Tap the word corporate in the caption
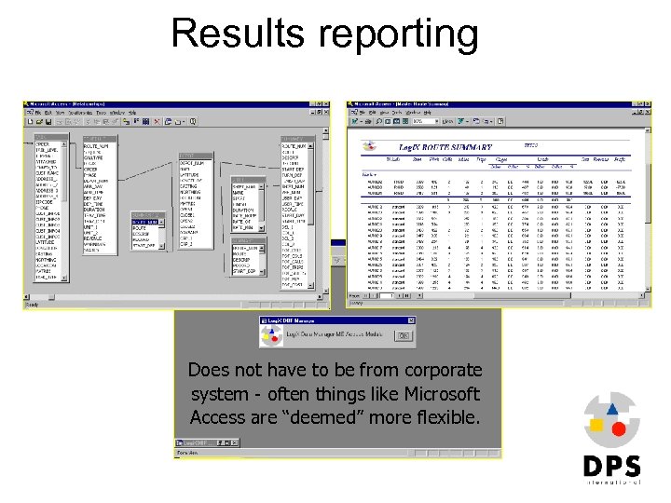(443, 370)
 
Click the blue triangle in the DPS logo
(611, 407)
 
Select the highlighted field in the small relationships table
(144, 223)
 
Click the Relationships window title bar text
(69, 103)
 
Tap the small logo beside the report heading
(371, 146)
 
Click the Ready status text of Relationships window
(33, 304)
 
